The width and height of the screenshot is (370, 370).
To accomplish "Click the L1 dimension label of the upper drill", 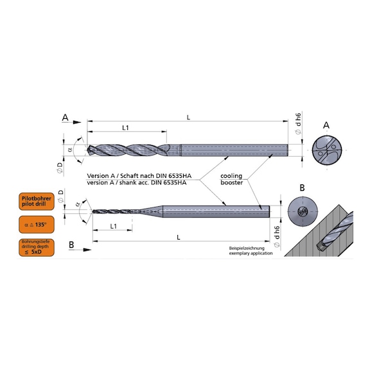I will coord(126,128).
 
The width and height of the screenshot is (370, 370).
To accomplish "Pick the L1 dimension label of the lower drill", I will coord(113,227).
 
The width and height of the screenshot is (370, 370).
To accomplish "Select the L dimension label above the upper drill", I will coord(188,116).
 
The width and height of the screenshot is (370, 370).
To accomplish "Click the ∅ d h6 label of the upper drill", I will coord(297,123).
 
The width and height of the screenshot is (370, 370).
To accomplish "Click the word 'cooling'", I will coord(231,175).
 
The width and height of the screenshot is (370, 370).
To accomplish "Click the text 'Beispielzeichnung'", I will coord(248,248).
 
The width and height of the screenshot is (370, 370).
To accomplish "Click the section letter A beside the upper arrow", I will coord(65,118).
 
